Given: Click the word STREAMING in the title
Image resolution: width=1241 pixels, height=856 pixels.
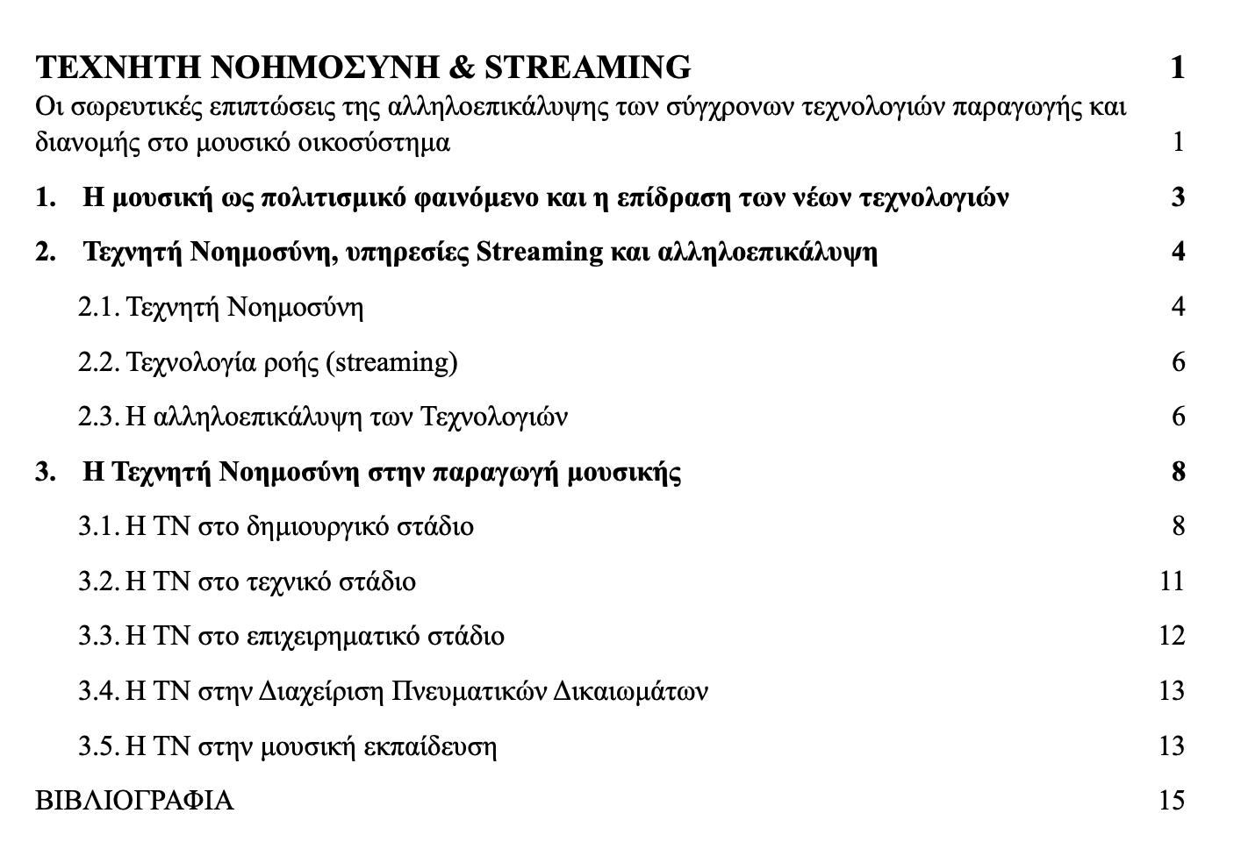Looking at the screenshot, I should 587,67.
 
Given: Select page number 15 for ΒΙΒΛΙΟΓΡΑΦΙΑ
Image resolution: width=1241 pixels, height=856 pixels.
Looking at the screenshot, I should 1172,800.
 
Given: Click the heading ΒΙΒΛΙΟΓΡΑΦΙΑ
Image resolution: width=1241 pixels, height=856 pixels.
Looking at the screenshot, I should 134,800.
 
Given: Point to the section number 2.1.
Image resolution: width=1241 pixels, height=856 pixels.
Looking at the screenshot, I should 98,307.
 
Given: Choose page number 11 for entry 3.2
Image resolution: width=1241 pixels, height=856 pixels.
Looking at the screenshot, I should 1172,581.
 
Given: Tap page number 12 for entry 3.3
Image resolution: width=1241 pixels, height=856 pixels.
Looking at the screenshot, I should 1172,635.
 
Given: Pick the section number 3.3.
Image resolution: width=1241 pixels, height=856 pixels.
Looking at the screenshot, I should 98,635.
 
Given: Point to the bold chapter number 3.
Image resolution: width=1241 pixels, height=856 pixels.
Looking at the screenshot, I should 44,472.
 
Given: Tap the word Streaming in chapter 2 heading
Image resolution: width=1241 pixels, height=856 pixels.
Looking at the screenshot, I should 538,253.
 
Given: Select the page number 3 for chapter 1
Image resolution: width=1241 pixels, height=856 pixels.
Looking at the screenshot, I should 1178,197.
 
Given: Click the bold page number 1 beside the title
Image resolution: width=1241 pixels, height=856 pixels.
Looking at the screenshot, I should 1178,67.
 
